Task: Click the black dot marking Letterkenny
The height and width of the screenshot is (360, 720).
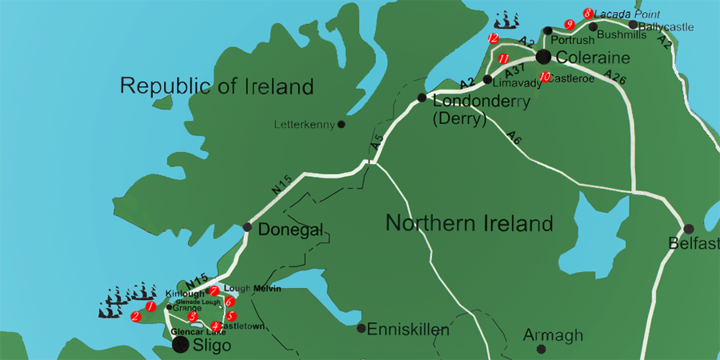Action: coord(342,124)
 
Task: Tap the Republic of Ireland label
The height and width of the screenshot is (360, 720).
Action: coord(216,86)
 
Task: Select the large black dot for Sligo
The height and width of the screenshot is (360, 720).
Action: coord(182,345)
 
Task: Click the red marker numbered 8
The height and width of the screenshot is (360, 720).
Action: coord(588,14)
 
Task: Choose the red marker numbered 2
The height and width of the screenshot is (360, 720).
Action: coord(135,317)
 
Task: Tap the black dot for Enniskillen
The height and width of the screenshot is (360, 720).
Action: coord(361,328)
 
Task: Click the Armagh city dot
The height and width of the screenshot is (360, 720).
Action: coord(542,349)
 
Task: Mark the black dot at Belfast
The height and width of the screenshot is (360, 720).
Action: coord(688,228)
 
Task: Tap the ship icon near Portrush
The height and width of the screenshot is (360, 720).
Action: coord(507,20)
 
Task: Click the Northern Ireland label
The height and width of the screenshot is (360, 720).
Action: coord(469,223)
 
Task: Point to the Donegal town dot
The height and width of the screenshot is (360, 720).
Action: coord(247,228)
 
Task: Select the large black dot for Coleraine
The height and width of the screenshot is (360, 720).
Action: coord(543,57)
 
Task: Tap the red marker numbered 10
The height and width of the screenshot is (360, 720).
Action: coord(545,78)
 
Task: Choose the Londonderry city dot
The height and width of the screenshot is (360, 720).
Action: coord(422,98)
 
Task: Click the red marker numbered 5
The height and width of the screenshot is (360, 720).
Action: coord(230,317)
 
